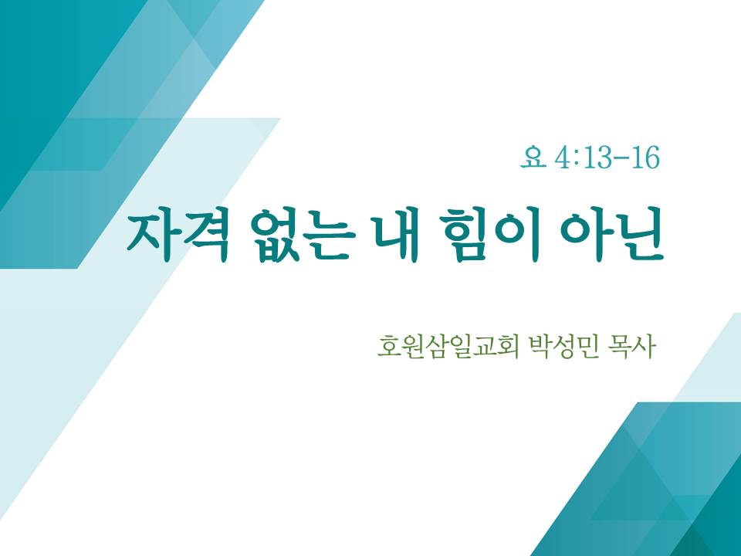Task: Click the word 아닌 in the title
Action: [611, 236]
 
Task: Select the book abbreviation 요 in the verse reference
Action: [533, 158]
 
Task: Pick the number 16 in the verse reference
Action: [645, 158]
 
